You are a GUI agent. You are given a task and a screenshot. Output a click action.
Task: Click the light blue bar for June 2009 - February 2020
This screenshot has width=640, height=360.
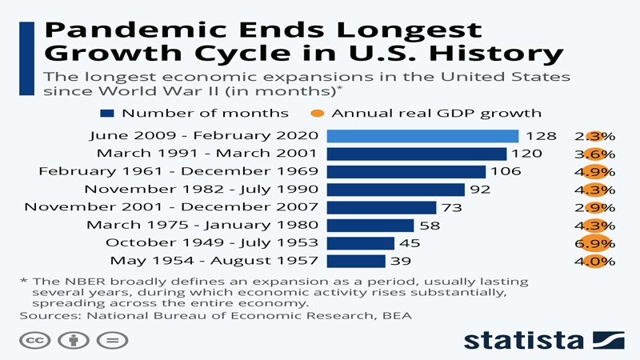click(422, 136)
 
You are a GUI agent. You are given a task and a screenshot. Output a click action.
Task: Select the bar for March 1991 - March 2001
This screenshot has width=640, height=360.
click(416, 154)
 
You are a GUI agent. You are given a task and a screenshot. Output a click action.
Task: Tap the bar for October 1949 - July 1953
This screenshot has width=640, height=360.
click(361, 243)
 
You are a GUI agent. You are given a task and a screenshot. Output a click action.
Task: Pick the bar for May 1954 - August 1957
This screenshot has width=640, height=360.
click(356, 262)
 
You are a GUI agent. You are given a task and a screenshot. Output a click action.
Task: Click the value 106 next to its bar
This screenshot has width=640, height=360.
click(506, 171)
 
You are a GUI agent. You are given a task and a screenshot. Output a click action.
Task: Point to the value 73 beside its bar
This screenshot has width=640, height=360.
click(452, 207)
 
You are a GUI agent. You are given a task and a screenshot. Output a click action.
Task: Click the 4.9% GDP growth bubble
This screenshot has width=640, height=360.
click(594, 172)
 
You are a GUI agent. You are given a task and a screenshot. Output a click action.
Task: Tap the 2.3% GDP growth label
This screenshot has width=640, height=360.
click(594, 136)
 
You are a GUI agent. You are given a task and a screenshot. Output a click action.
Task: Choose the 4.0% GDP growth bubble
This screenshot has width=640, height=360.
click(594, 262)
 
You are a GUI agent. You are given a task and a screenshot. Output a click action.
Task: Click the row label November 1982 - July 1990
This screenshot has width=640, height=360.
click(202, 190)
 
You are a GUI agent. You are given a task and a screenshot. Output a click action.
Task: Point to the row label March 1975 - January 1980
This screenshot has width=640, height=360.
click(202, 225)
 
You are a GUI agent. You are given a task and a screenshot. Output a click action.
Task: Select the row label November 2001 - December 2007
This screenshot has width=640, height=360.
click(171, 207)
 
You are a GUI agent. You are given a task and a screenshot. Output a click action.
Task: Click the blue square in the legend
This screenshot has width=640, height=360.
click(107, 114)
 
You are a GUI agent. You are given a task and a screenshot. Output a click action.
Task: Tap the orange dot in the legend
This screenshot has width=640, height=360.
click(317, 114)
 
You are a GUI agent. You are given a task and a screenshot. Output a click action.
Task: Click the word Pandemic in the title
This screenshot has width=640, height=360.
click(135, 30)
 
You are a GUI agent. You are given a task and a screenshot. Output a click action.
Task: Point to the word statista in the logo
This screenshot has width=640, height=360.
click(524, 341)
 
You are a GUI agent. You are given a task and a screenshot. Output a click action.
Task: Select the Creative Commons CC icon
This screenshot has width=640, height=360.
click(35, 341)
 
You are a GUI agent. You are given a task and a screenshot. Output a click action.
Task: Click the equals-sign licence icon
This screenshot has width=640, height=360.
click(112, 341)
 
